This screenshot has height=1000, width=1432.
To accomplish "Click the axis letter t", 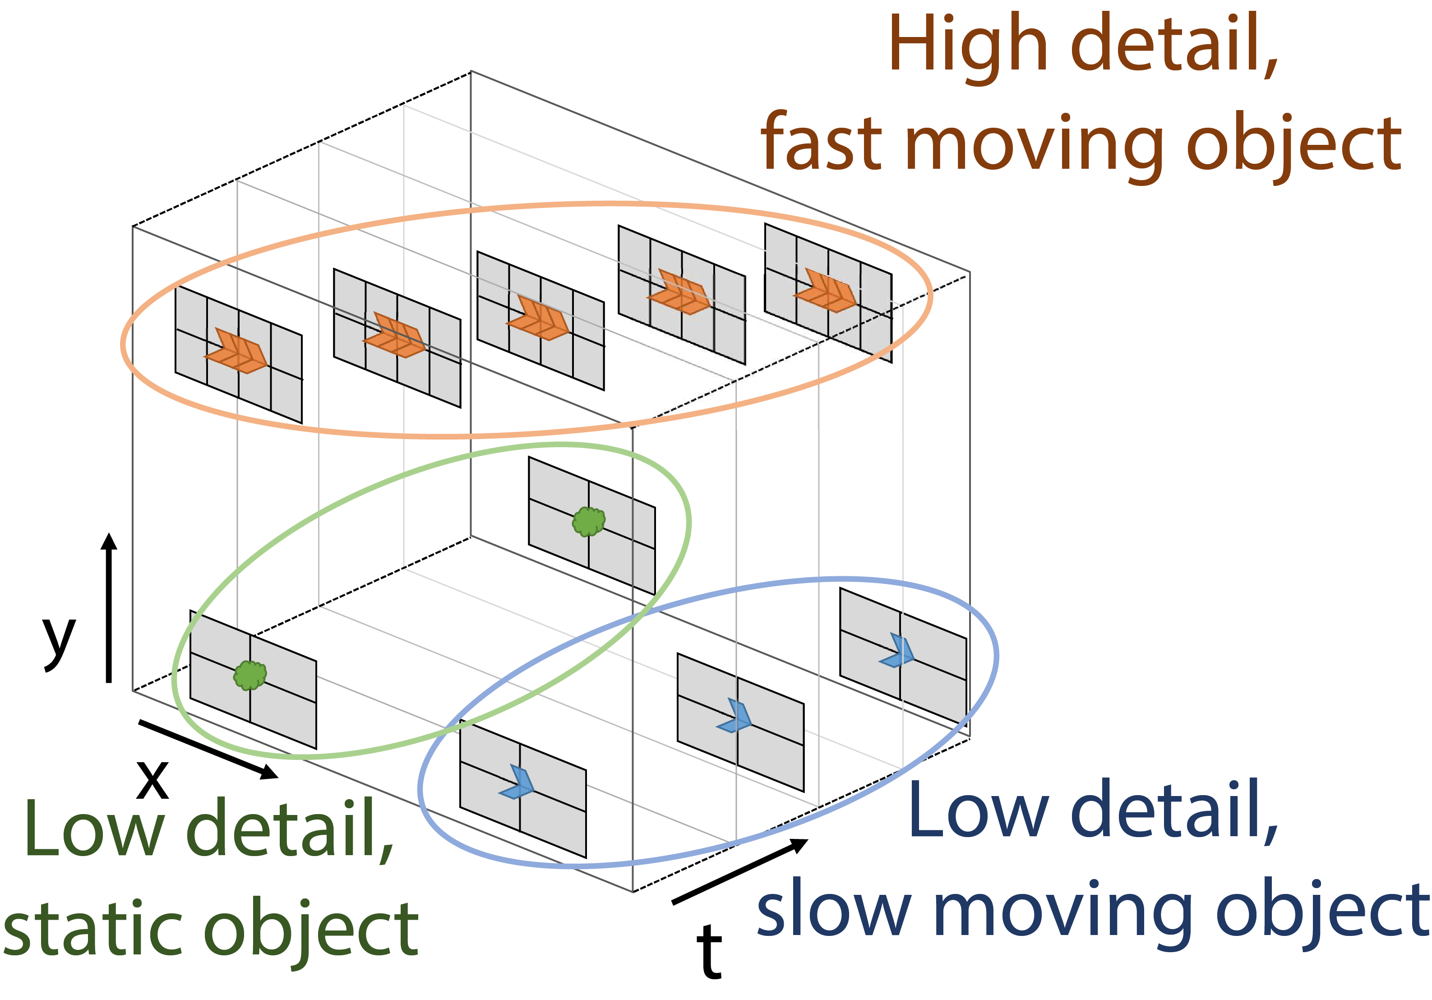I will point(709,951).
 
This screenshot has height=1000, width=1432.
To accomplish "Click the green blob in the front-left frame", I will point(250,675).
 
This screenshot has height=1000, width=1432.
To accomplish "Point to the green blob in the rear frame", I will point(588,522).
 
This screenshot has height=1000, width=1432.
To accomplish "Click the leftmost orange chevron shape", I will point(236,351).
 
